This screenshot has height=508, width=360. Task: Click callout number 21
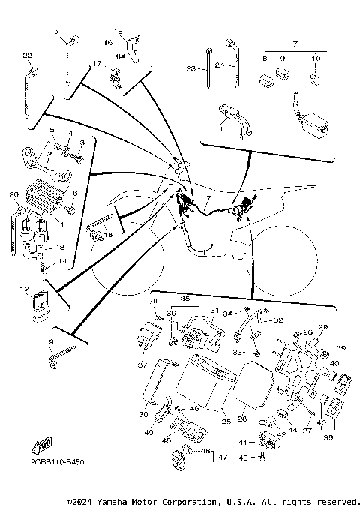56,33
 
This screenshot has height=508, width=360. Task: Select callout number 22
27,56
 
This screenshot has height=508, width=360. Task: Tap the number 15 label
117,31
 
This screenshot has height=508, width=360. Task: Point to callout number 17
96,64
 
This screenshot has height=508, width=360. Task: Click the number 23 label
190,68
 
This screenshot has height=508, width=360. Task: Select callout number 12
24,289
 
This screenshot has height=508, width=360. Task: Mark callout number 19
49,342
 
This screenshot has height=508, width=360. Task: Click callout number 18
108,235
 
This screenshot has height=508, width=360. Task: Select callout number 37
141,365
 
